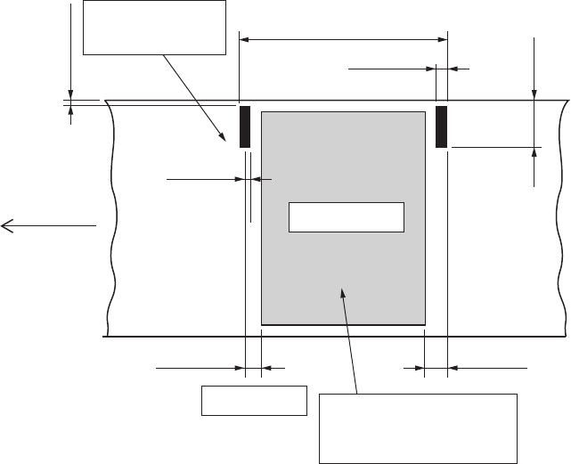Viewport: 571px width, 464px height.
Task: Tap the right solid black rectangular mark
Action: pyautogui.click(x=440, y=126)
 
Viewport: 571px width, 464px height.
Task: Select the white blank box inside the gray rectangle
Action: pyautogui.click(x=347, y=217)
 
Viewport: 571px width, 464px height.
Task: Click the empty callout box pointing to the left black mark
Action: pyautogui.click(x=154, y=28)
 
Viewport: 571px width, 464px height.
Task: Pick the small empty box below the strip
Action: pyautogui.click(x=254, y=401)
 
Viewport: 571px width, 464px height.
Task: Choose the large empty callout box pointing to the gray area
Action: pyautogui.click(x=418, y=427)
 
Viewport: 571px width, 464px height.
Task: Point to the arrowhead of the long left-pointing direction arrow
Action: pyautogui.click(x=5, y=226)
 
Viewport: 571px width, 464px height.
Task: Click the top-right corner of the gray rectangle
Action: pyautogui.click(x=424, y=112)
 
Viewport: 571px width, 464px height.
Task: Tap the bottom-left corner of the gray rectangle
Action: pyautogui.click(x=261, y=325)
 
